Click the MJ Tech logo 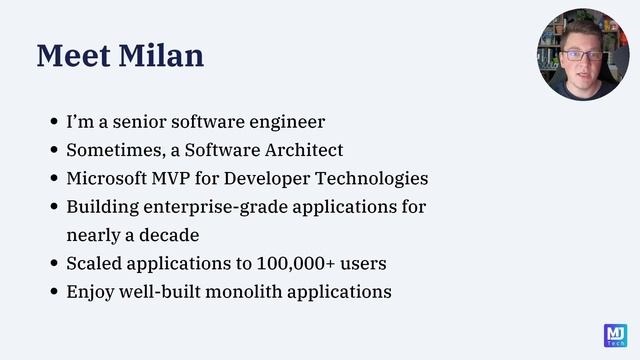[615, 335]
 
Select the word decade [168, 236]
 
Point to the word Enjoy [90, 293]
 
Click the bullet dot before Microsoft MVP [55, 180]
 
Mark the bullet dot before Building [55, 208]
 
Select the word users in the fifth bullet [363, 264]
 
